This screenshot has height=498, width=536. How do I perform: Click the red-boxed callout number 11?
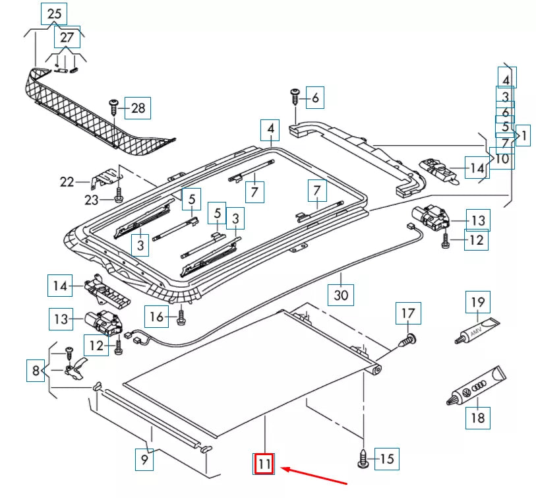coord(264,464)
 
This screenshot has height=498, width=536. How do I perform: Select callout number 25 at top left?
coord(54,13)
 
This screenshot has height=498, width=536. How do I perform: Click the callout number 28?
coord(138,108)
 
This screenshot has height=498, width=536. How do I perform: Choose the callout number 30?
coord(341,295)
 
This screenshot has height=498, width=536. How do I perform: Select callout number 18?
coord(478,418)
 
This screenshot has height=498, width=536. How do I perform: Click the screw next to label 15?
coord(363,457)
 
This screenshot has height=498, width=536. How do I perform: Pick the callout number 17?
coord(408,313)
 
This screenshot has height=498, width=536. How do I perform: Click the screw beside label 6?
coord(295,98)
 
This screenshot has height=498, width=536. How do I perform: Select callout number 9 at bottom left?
coord(143,458)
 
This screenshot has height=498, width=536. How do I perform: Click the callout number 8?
coord(37,371)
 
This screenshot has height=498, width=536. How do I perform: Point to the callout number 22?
coord(67,182)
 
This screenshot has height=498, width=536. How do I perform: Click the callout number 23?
coord(93,199)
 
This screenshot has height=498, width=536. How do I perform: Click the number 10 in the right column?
coord(502,158)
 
